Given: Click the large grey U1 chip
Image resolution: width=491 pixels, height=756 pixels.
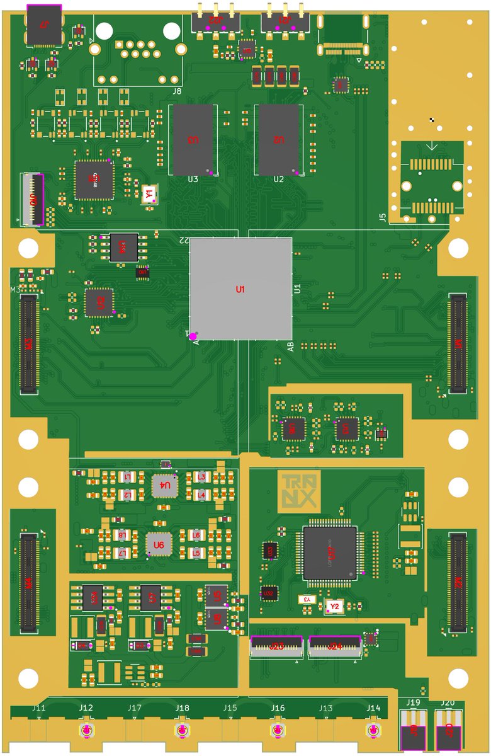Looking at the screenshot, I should click(x=240, y=289).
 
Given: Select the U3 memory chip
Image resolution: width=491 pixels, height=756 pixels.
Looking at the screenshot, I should click(x=193, y=140).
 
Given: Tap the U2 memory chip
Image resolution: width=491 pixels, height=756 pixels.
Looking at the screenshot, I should click(x=278, y=140).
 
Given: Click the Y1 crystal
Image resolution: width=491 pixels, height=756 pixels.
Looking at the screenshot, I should click(x=149, y=194).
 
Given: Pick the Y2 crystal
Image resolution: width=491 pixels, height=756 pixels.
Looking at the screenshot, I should click(x=334, y=606).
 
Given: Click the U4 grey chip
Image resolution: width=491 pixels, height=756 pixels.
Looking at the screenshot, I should click(x=165, y=486).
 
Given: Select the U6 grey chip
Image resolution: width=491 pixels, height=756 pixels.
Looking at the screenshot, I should click(x=159, y=544).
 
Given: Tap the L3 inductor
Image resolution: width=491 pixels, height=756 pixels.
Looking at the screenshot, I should click(x=201, y=478).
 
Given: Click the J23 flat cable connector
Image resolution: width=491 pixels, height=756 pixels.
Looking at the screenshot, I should click(x=277, y=646).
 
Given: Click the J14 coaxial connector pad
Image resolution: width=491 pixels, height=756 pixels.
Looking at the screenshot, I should click(x=374, y=731).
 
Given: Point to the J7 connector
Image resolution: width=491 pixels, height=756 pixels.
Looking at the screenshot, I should click(x=44, y=25).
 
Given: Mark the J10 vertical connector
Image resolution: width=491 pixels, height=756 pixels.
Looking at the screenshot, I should click(x=33, y=200).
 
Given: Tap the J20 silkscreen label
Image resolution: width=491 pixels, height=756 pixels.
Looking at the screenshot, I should click(x=448, y=702).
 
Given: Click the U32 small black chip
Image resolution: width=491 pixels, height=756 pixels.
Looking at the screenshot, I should click(x=269, y=593).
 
